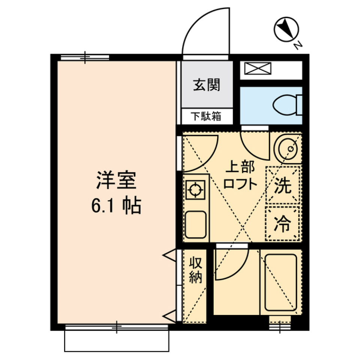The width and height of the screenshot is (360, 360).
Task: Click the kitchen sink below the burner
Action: pos(195,224)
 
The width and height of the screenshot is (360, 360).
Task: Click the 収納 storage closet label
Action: pos(195,270)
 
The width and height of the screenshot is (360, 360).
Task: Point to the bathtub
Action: pos(280,282)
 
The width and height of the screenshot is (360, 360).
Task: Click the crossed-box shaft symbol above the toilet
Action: pos(257,69)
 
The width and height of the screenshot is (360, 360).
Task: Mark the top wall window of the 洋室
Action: pos(85,57)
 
